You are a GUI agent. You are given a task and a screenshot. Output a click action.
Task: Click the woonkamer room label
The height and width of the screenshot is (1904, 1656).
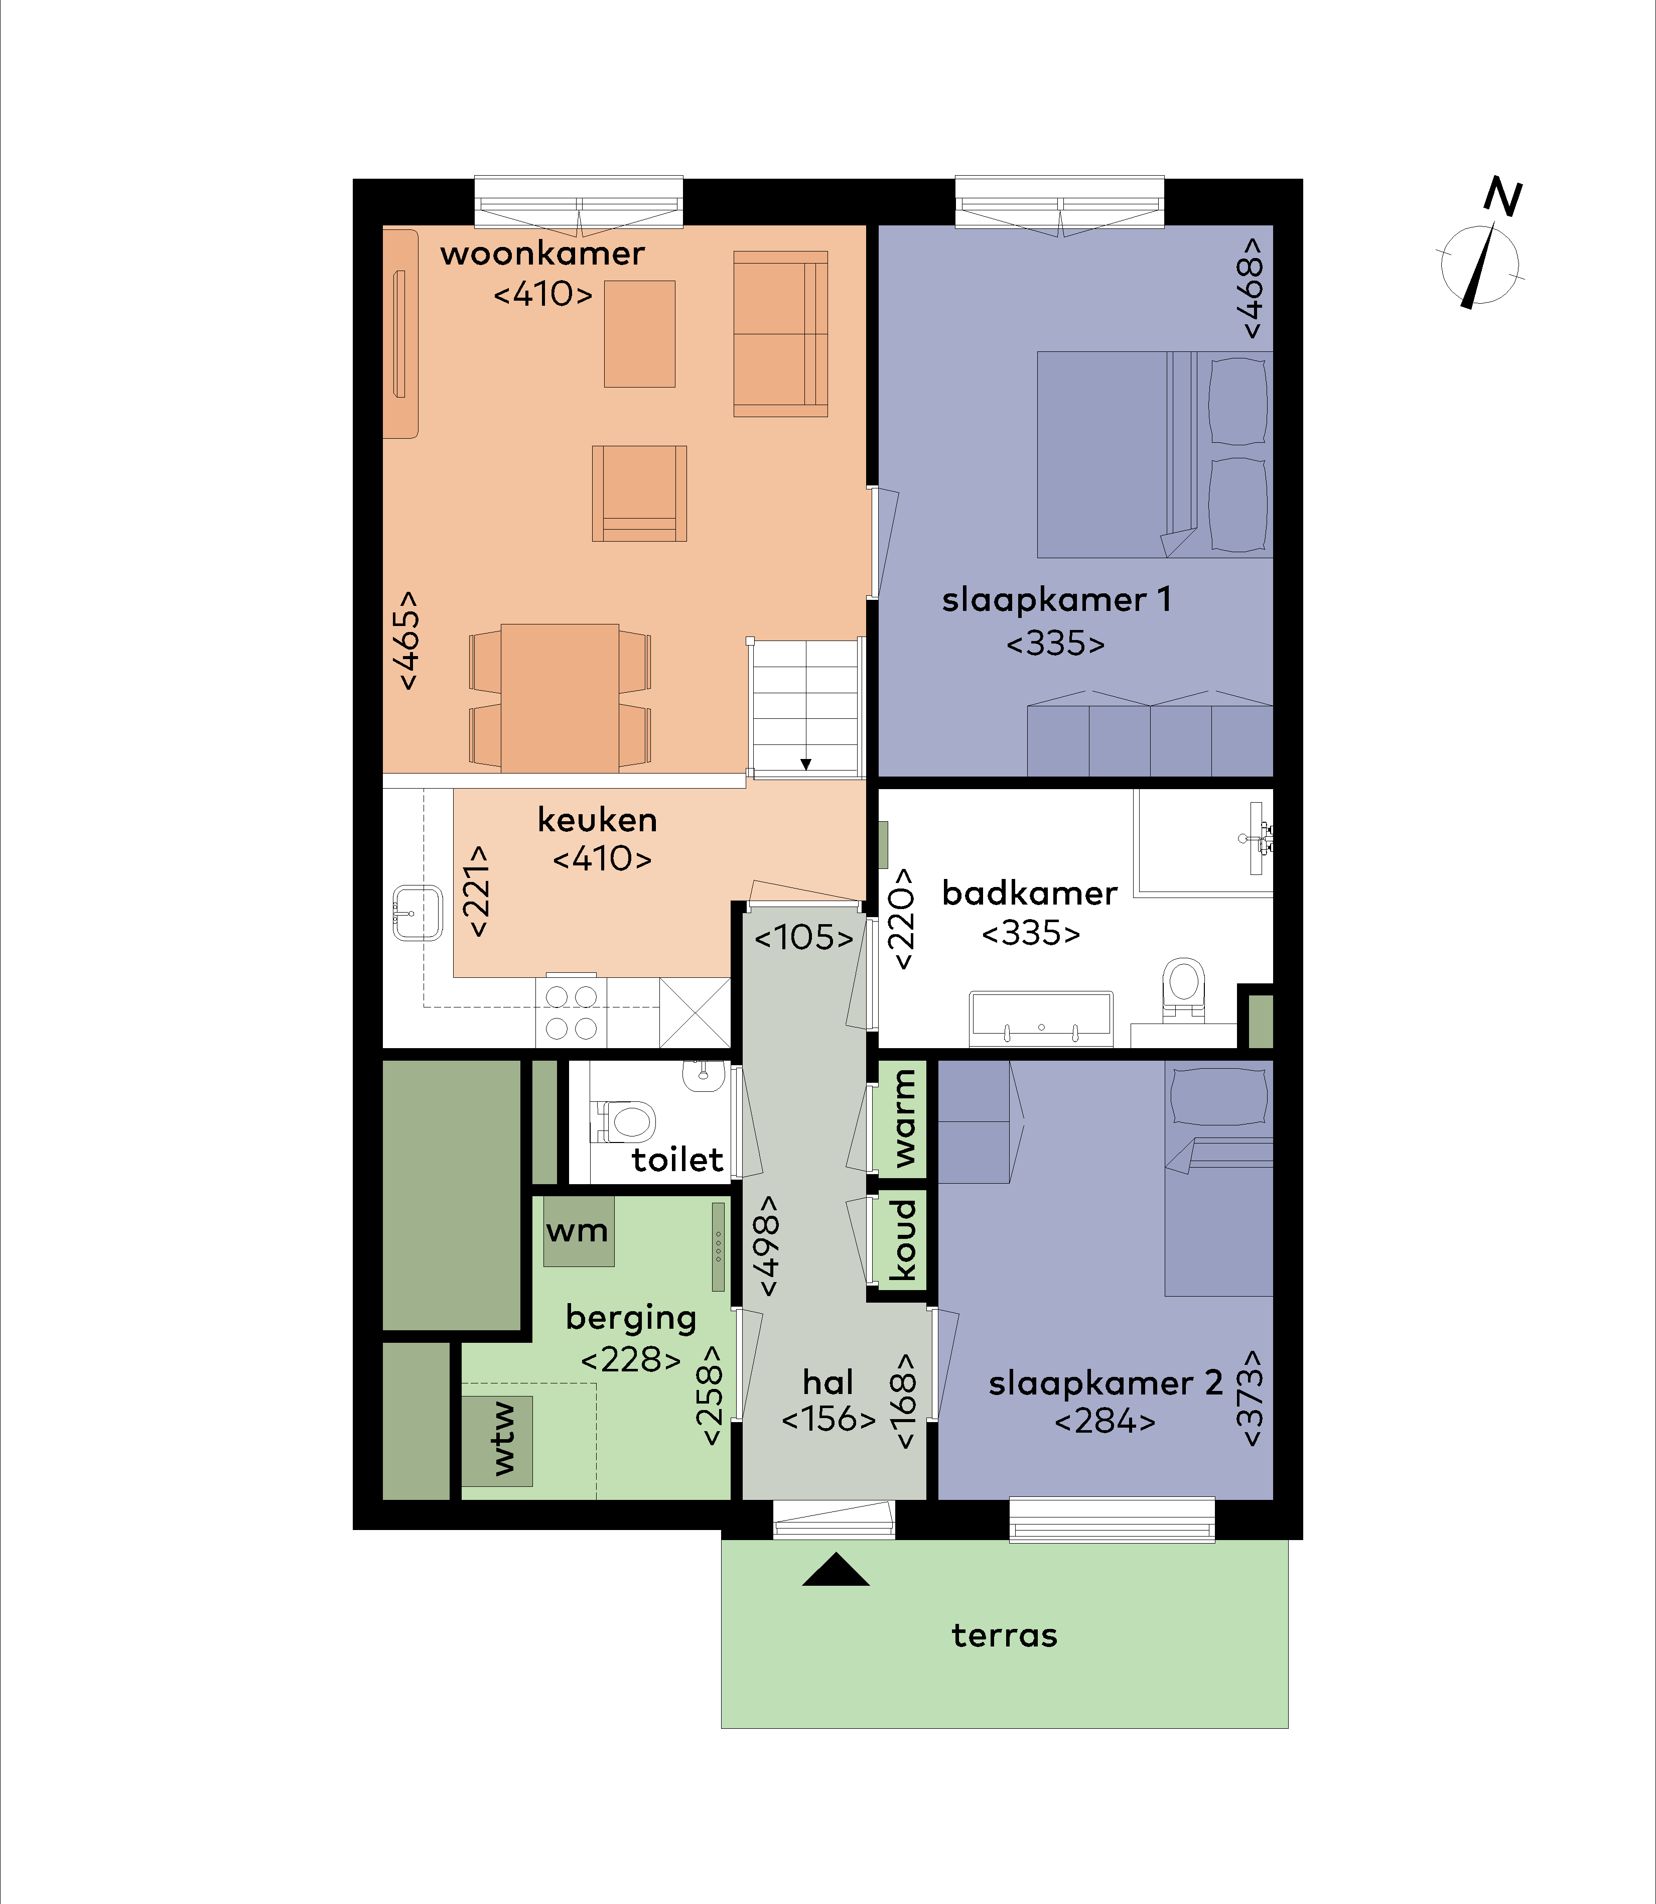click(x=542, y=253)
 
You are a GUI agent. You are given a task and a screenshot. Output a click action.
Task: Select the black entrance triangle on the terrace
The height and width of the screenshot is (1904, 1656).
click(x=836, y=1569)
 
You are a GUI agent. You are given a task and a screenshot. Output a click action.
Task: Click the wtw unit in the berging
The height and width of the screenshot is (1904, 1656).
click(x=497, y=1441)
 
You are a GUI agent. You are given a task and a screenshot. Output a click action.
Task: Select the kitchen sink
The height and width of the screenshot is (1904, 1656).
click(x=418, y=912)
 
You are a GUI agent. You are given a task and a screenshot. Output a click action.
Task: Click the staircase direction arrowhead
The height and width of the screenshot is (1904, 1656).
click(x=806, y=765)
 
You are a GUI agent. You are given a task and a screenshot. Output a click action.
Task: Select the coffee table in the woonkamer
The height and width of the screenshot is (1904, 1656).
click(x=639, y=334)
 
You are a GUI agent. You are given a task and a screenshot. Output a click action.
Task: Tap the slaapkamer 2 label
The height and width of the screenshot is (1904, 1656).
click(x=1105, y=1383)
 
